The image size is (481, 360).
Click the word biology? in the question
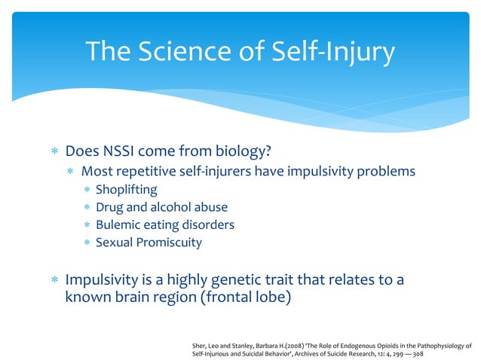(243, 151)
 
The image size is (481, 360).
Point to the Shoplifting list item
(126, 189)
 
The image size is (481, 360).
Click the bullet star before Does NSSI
(53, 152)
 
